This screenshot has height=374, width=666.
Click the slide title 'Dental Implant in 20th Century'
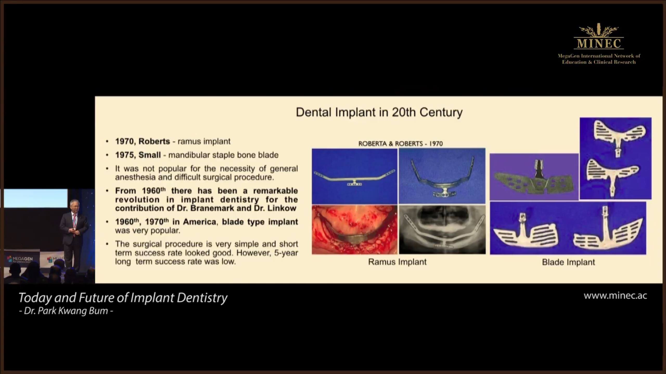379,112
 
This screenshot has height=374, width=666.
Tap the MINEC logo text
599,43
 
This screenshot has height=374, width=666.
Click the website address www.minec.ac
615,296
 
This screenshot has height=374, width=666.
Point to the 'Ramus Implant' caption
397,262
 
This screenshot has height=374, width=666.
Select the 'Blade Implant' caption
568,262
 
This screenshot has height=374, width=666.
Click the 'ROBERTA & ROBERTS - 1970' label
400,144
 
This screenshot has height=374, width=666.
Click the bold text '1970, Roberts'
143,142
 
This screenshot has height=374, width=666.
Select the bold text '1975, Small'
138,155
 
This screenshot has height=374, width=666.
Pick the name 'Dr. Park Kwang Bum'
66,311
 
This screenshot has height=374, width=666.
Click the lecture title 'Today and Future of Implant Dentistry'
123,298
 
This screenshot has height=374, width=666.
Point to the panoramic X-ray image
442,230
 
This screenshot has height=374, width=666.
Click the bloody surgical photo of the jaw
355,230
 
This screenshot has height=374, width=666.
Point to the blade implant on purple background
534,177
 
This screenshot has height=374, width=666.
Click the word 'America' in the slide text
199,222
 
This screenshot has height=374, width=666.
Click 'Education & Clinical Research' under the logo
599,62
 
